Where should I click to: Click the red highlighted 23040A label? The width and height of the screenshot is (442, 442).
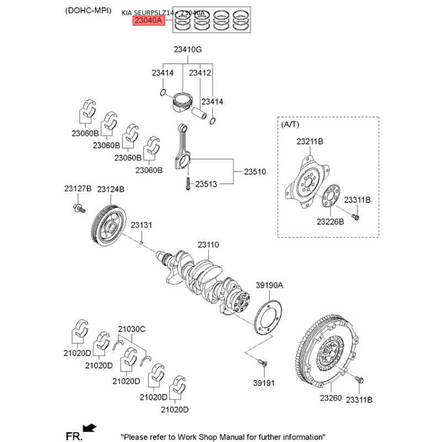[149, 22]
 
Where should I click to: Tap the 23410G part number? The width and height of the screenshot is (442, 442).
[187, 50]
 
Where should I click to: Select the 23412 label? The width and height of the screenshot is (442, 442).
[200, 72]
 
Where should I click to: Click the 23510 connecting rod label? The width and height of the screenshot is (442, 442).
[255, 172]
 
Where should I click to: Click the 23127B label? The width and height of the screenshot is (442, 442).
[77, 189]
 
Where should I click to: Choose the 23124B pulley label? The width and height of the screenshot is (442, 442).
[111, 189]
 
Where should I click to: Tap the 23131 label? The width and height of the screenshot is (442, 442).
[141, 225]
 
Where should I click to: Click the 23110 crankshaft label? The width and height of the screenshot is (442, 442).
[209, 244]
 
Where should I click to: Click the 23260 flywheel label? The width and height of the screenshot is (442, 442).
[331, 398]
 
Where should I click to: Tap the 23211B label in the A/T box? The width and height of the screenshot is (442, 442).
[309, 142]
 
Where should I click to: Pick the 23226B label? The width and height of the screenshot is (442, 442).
[330, 222]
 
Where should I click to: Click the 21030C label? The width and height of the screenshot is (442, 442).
[131, 329]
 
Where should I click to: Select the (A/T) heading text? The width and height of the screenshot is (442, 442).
[290, 125]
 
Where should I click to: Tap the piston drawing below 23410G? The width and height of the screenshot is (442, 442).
[182, 102]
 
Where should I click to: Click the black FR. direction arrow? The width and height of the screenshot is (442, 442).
[88, 427]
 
